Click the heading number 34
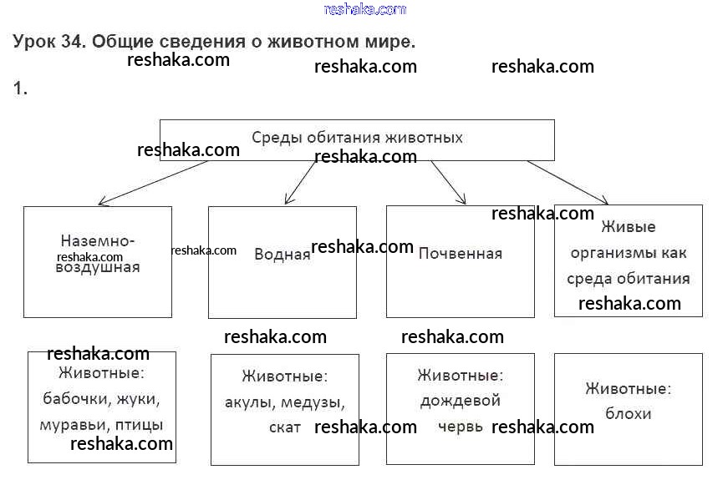(x=70, y=41)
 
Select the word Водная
(x=282, y=255)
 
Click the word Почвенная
(x=461, y=253)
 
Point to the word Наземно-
(x=98, y=241)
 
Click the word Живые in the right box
(x=629, y=226)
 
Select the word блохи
(x=629, y=413)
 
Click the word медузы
(x=313, y=402)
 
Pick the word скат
(x=285, y=427)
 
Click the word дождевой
(x=461, y=401)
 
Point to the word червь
(x=461, y=426)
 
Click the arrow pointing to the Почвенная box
(x=448, y=181)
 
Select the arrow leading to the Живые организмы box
(x=568, y=181)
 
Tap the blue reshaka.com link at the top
(x=364, y=9)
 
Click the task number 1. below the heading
(x=20, y=88)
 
